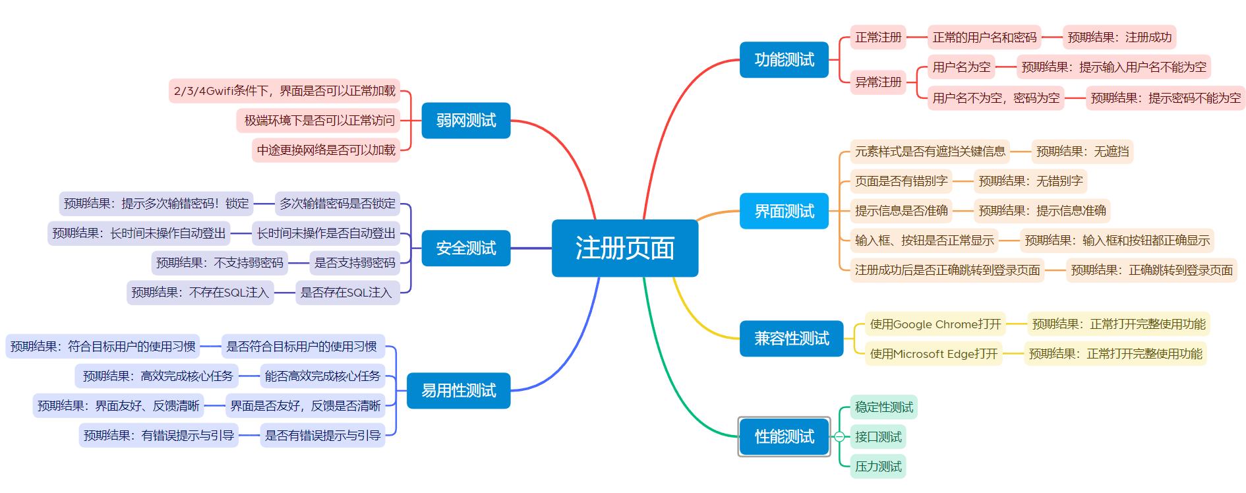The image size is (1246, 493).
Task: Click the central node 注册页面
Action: click(624, 248)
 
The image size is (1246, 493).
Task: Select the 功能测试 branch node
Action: click(784, 59)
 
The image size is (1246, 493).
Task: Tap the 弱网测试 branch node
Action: click(465, 120)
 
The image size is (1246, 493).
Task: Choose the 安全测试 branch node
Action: click(465, 248)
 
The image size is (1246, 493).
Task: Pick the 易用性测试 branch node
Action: click(458, 390)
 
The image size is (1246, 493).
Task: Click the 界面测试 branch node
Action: click(784, 211)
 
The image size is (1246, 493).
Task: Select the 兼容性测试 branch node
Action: click(791, 338)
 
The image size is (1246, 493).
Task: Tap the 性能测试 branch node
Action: click(784, 436)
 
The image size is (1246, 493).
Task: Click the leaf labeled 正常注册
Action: click(877, 37)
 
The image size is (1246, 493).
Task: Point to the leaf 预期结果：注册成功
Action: click(1119, 37)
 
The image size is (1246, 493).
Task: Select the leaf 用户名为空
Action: click(961, 67)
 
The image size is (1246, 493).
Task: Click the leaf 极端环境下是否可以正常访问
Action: click(319, 120)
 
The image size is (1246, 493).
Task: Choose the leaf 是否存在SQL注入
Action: click(346, 292)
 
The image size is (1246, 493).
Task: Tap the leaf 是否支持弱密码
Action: click(355, 262)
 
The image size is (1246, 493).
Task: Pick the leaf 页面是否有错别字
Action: click(901, 181)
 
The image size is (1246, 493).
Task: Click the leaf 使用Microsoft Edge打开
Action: click(934, 353)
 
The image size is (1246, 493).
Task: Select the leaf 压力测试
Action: click(877, 466)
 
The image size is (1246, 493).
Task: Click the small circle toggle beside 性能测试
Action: click(839, 436)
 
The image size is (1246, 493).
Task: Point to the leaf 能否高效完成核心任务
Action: click(322, 376)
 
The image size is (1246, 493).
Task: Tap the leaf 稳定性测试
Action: click(883, 407)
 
